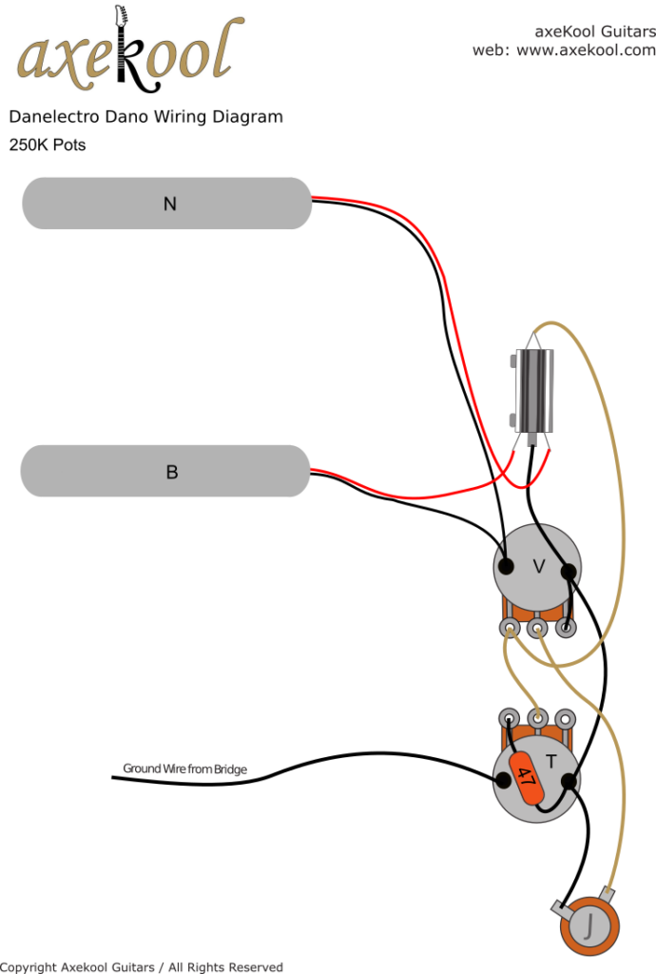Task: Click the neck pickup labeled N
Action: pos(167,203)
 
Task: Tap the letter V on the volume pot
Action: pos(538,567)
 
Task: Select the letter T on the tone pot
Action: pos(550,760)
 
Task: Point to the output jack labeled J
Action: pos(590,922)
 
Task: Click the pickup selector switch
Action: pos(533,391)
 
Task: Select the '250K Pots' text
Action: pos(48,146)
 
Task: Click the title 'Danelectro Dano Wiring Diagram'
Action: pos(145,117)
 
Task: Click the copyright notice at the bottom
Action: pos(143,966)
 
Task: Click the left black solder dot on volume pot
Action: pos(507,567)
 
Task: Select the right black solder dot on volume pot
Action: pos(569,572)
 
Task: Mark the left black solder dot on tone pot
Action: pos(501,780)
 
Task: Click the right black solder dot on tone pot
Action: pos(569,782)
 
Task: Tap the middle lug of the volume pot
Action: pos(538,628)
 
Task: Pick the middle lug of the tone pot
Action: pos(538,718)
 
